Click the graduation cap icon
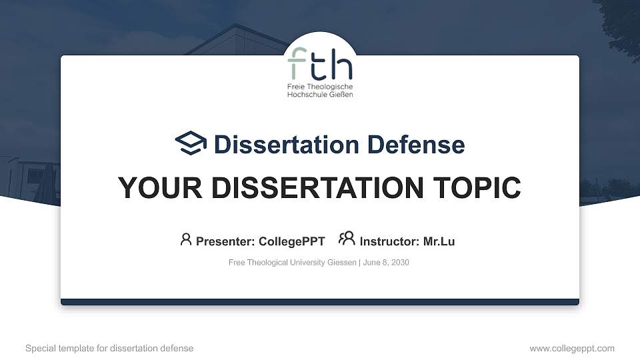click(x=191, y=144)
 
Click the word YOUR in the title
click(x=153, y=188)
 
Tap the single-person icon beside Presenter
click(x=186, y=239)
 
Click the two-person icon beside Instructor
click(x=347, y=239)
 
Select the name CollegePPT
click(x=292, y=241)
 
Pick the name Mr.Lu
click(x=439, y=241)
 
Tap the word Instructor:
click(x=389, y=241)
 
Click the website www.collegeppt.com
click(x=572, y=348)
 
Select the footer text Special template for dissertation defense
click(x=109, y=348)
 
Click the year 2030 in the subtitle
click(x=401, y=263)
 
